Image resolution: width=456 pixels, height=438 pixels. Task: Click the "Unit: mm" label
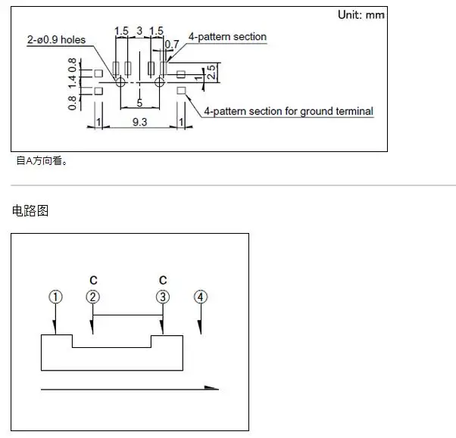click(x=361, y=15)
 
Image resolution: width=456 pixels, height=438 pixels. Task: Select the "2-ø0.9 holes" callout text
click(x=56, y=40)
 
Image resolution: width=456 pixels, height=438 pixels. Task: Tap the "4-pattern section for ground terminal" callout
click(x=289, y=111)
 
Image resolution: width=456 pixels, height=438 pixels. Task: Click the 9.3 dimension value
click(x=139, y=122)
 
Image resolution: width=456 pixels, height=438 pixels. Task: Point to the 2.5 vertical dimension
click(x=211, y=72)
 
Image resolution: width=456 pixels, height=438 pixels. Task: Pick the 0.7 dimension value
click(x=172, y=45)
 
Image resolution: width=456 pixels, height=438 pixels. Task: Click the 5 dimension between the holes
click(x=139, y=103)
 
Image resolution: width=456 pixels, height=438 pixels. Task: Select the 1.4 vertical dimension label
click(x=72, y=82)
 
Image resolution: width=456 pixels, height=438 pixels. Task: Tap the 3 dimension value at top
click(x=139, y=30)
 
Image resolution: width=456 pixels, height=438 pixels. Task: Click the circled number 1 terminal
click(x=55, y=297)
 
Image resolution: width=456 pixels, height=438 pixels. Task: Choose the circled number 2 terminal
click(x=92, y=297)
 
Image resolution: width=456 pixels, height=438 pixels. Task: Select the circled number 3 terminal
click(x=163, y=297)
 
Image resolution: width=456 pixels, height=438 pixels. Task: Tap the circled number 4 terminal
click(x=201, y=297)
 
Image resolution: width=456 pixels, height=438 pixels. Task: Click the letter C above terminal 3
click(x=163, y=281)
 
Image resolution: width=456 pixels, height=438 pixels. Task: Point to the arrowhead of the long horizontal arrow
click(x=212, y=387)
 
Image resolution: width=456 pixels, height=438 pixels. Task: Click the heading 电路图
click(x=30, y=210)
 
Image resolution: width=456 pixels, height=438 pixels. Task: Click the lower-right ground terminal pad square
click(x=181, y=91)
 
